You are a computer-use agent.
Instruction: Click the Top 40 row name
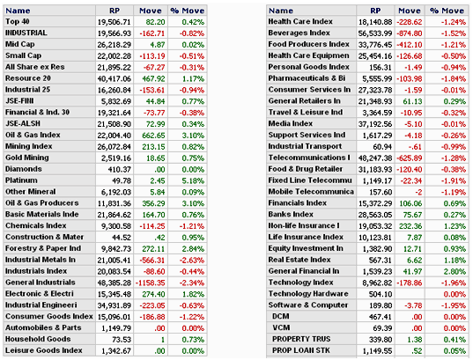(x=18, y=22)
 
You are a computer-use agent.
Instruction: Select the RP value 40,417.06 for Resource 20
(x=114, y=78)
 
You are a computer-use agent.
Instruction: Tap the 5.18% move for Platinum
(x=193, y=181)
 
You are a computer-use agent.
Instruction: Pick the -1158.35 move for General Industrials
(x=151, y=283)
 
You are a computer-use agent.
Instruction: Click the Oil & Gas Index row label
(x=33, y=135)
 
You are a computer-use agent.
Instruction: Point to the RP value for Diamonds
(x=120, y=170)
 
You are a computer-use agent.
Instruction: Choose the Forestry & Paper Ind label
(x=43, y=248)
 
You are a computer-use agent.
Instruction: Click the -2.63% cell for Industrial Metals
(x=192, y=261)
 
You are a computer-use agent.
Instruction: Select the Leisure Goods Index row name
(x=44, y=350)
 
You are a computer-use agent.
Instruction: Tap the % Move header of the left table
(x=188, y=11)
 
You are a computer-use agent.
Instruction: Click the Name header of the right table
(x=281, y=11)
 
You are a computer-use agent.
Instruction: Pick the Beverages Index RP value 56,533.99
(x=375, y=33)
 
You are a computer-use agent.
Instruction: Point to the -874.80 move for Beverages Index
(x=410, y=33)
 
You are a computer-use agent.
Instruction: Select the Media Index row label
(x=290, y=123)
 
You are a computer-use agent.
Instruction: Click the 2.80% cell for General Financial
(x=455, y=272)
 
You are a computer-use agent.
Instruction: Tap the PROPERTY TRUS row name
(x=301, y=339)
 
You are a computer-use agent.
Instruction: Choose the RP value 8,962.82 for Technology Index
(x=377, y=283)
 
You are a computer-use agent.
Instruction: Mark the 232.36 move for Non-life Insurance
(x=410, y=226)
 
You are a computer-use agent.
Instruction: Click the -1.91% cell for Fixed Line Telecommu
(x=454, y=181)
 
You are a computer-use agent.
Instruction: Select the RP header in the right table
(x=375, y=11)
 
